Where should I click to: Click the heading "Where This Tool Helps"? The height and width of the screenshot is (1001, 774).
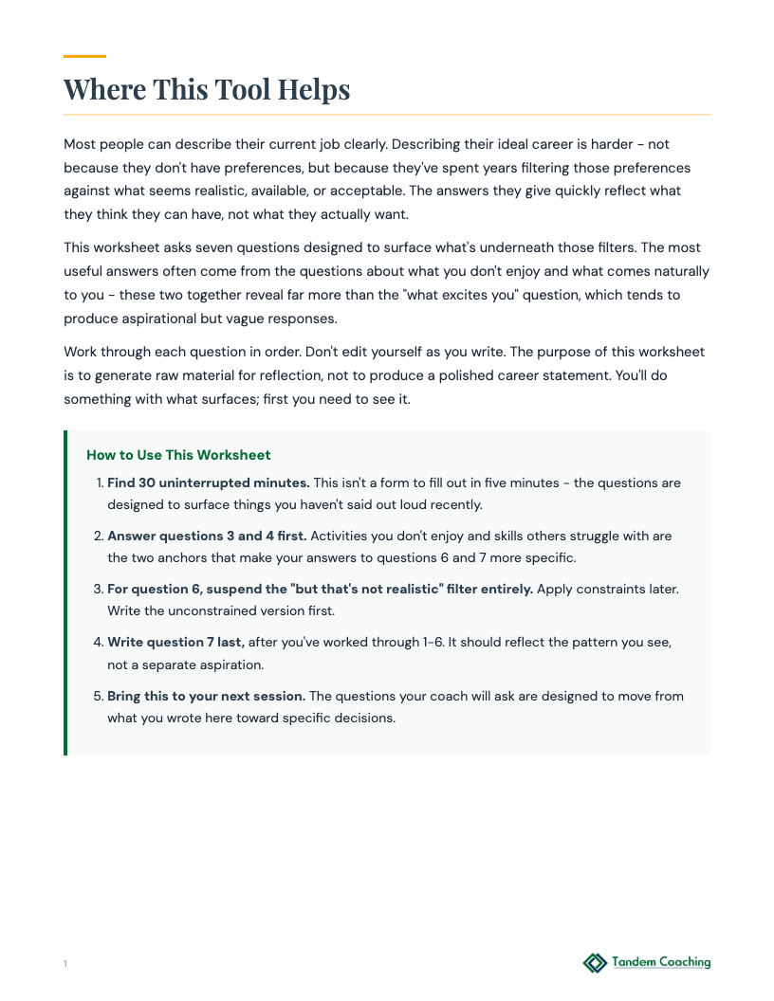207,89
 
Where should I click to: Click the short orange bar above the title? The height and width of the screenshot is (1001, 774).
84,57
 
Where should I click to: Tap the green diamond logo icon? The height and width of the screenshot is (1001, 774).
595,963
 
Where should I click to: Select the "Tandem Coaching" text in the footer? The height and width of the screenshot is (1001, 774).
661,962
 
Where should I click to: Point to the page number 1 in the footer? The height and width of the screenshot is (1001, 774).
65,964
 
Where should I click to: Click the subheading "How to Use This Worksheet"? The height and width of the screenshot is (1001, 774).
178,455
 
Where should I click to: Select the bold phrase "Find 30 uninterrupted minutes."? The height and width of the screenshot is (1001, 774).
208,482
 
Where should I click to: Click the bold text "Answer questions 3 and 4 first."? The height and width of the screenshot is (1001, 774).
207,536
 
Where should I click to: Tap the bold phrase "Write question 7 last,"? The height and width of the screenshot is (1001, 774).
175,642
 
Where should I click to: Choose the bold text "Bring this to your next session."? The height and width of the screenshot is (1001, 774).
206,695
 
